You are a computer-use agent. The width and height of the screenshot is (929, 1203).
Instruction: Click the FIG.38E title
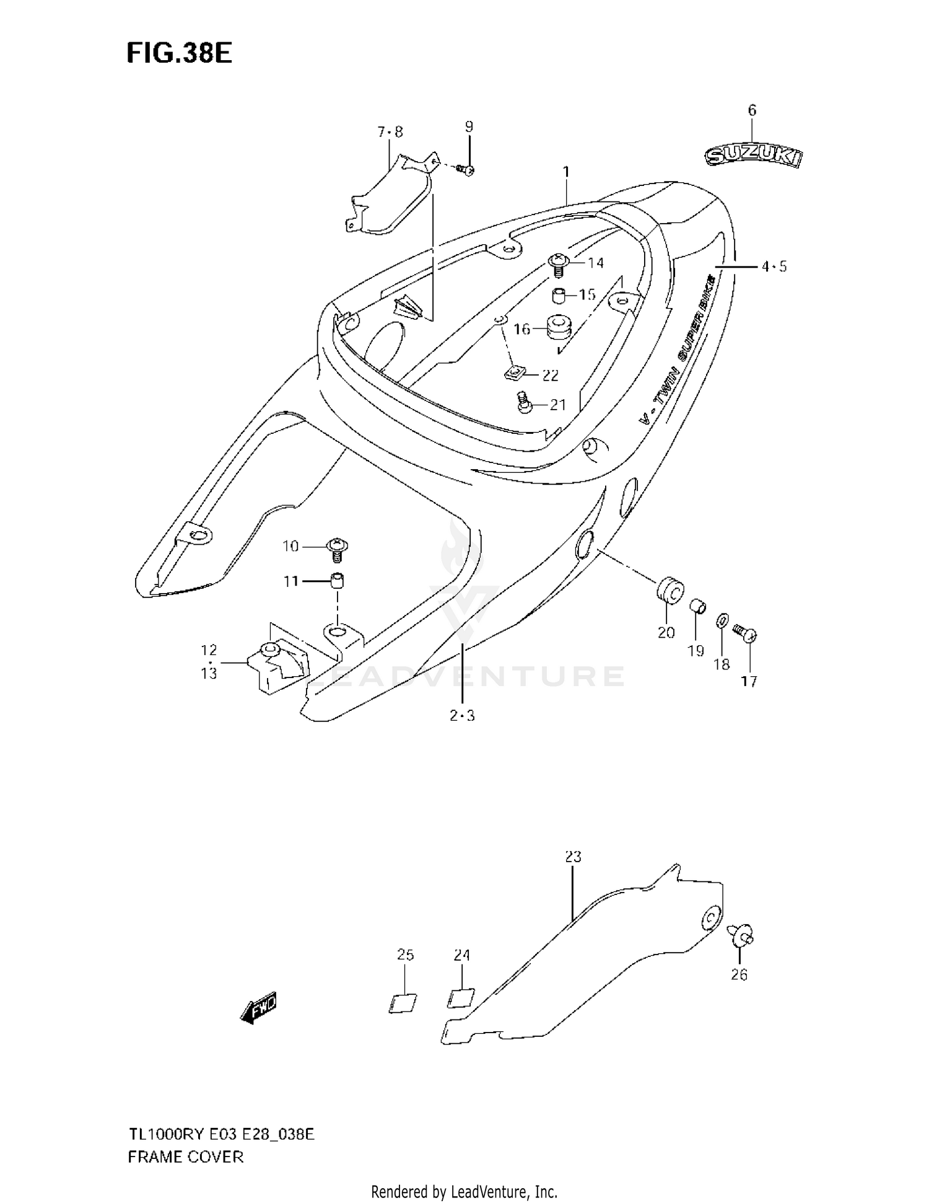(x=179, y=54)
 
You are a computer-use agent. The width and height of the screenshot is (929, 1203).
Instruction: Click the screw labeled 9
(x=466, y=169)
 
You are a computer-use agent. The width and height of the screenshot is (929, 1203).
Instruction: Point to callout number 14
(x=596, y=263)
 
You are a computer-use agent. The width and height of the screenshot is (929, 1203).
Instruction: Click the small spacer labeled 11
(x=337, y=581)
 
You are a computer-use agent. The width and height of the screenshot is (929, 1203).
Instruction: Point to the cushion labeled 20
(x=669, y=590)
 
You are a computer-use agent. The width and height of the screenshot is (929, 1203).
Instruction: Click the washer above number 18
(x=722, y=620)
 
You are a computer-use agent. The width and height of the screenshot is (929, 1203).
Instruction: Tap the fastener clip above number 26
(x=741, y=933)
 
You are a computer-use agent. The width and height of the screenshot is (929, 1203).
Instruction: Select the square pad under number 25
(x=403, y=1003)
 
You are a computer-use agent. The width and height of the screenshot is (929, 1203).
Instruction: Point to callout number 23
(x=574, y=857)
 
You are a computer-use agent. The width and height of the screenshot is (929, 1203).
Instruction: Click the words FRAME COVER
(x=186, y=1157)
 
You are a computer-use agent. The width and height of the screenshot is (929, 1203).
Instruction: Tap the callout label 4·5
(x=774, y=267)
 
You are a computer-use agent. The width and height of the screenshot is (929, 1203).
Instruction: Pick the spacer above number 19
(x=698, y=604)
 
